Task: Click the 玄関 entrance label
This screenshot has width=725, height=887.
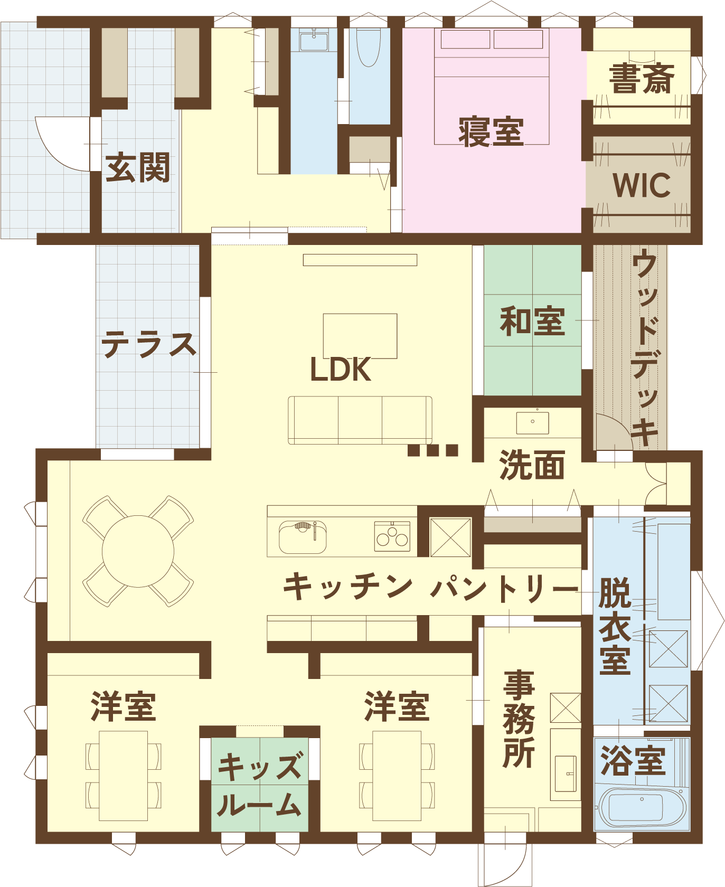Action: click(x=138, y=167)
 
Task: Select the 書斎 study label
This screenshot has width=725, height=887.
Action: click(x=642, y=79)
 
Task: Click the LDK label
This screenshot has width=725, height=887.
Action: click(x=341, y=370)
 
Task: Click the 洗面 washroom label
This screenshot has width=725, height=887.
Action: click(x=532, y=465)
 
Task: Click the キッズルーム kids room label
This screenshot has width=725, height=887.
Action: click(x=260, y=786)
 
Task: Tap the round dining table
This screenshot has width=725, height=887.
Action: click(x=138, y=551)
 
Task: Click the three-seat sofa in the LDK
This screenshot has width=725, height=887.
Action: click(x=360, y=420)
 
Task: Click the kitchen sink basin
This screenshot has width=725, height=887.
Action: click(x=303, y=537)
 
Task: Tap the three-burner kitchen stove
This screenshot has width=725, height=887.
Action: click(x=392, y=536)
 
